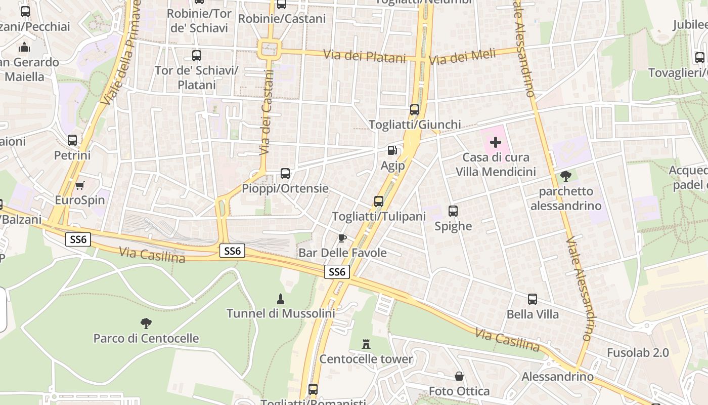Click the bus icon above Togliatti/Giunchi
click(x=415, y=109)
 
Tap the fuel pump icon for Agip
click(x=392, y=150)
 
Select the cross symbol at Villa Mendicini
click(x=496, y=142)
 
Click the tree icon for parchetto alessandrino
click(x=565, y=176)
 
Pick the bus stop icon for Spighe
click(x=453, y=211)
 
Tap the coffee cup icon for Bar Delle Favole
click(x=342, y=238)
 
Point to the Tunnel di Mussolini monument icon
click(x=281, y=299)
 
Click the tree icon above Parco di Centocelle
click(x=146, y=323)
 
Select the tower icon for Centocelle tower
click(x=366, y=344)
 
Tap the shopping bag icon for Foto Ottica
click(x=459, y=376)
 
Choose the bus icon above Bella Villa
click(x=533, y=299)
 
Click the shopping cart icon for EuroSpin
click(x=79, y=185)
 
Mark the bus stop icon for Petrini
click(x=72, y=140)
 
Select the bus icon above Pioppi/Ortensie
click(x=285, y=174)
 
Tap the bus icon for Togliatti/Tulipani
click(x=379, y=201)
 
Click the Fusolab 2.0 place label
click(x=638, y=352)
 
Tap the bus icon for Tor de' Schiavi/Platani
click(x=197, y=56)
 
